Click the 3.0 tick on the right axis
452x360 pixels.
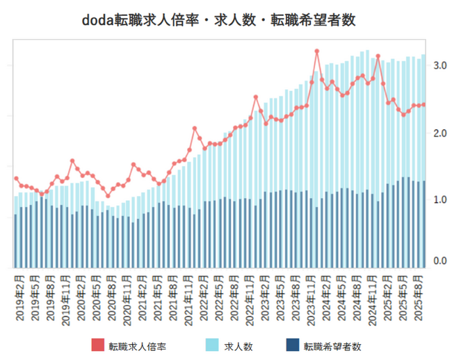(439, 65)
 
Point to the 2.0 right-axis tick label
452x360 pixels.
(439, 132)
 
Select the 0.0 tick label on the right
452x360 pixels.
(439, 261)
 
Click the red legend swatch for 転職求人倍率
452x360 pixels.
(98, 345)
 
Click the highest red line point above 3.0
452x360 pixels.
(316, 51)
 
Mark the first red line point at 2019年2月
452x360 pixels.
(16, 179)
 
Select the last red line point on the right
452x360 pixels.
(423, 105)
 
